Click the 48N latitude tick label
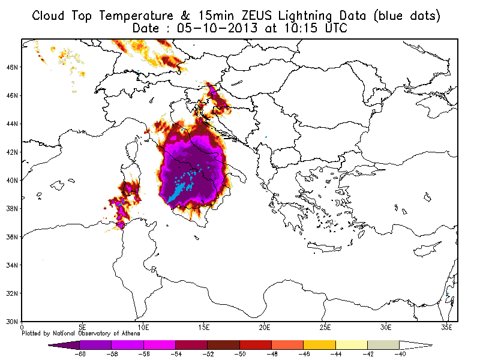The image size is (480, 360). [12, 67]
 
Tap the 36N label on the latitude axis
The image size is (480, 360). [12, 237]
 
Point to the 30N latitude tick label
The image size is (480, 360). [12, 322]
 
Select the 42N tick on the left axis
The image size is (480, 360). [12, 152]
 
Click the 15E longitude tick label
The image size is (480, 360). [203, 328]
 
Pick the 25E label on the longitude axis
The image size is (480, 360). [325, 328]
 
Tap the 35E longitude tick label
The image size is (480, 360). [446, 328]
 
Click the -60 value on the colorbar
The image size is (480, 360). [80, 354]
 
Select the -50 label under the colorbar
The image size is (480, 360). [240, 354]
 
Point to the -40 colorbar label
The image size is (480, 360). [400, 354]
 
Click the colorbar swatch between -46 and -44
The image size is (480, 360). [319, 345]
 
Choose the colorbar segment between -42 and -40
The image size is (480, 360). [383, 345]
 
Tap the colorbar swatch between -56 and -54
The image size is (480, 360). [160, 345]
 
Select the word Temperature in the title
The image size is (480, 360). [136, 16]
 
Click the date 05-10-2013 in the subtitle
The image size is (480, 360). [217, 28]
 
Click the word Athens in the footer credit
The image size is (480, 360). [130, 334]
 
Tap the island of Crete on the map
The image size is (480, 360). [325, 247]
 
